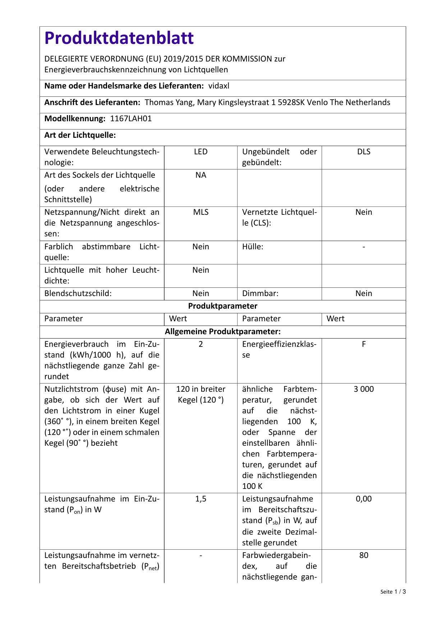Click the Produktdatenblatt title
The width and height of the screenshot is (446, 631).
tap(119, 38)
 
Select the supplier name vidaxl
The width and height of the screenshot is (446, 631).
tap(219, 86)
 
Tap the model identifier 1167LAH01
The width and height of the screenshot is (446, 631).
tap(131, 119)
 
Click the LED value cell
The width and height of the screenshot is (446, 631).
tap(201, 152)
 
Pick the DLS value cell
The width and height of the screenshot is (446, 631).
tap(364, 152)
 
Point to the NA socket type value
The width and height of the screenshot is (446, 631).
tap(201, 175)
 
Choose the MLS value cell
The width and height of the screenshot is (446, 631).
tap(201, 212)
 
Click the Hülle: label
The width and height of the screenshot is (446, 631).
tap(253, 247)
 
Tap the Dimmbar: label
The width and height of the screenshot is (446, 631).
tap(260, 294)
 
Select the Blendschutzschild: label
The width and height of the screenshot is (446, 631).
tap(78, 294)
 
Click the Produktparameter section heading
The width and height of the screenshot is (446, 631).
tap(223, 306)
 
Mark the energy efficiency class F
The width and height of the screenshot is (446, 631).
tap(364, 344)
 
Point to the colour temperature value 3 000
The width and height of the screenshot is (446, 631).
tap(364, 389)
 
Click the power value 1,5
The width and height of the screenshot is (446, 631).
tap(201, 499)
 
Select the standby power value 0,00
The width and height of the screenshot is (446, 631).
tap(364, 499)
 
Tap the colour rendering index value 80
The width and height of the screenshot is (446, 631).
tap(364, 555)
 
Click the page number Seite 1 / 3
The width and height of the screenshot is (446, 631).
tap(393, 592)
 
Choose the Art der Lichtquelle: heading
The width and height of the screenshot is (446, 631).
tap(80, 135)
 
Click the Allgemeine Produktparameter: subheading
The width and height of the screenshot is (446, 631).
tap(223, 332)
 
